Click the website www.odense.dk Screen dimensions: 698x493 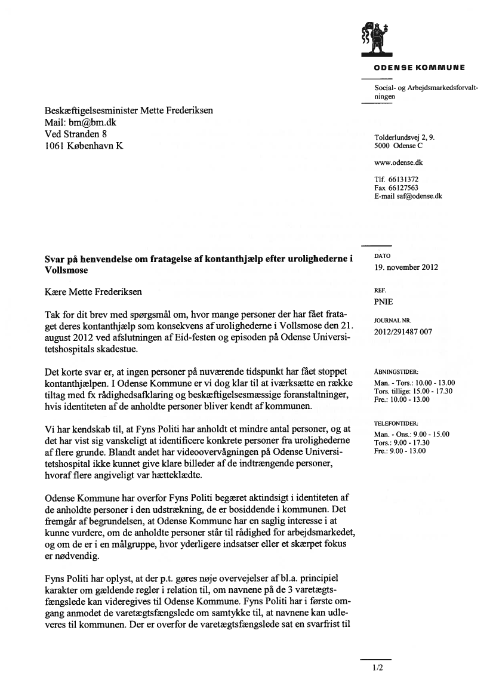tap(399, 162)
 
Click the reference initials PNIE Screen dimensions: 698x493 tap(383, 302)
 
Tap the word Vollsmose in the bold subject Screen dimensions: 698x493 tap(66, 270)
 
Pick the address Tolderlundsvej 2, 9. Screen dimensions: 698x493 tap(404, 137)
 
